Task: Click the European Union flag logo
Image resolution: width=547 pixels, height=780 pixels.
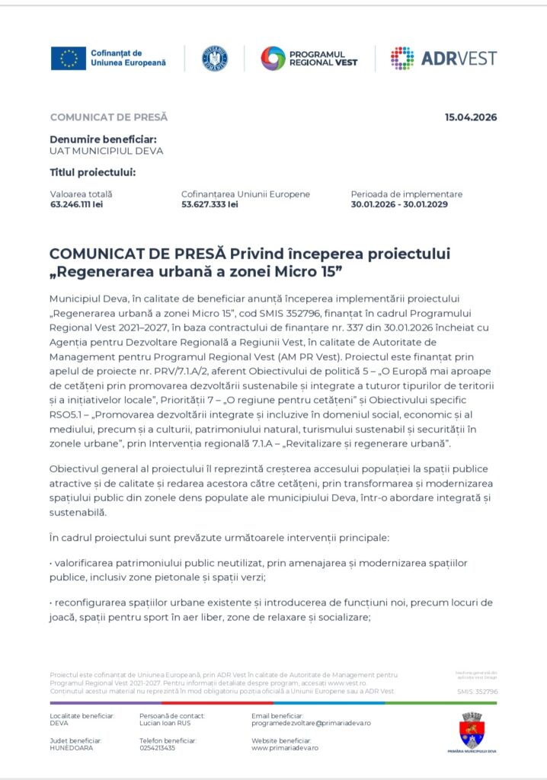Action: (69, 58)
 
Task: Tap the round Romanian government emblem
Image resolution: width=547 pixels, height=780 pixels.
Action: (214, 58)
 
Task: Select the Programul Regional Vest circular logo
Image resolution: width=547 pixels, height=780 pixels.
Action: (273, 58)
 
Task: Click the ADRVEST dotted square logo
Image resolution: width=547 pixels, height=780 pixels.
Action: (402, 58)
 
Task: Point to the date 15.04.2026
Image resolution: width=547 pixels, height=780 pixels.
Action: (471, 117)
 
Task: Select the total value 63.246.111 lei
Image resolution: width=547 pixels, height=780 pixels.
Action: (76, 205)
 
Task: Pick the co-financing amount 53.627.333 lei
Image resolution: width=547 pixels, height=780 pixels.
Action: (210, 205)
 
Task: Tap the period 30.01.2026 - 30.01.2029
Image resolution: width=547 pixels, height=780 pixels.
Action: (399, 205)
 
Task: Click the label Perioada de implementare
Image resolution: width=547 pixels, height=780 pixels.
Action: (406, 194)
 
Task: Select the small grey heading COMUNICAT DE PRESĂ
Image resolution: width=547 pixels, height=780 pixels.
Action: (108, 117)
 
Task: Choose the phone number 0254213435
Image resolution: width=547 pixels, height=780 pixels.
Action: (157, 748)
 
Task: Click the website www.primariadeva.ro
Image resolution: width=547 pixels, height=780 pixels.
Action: (285, 748)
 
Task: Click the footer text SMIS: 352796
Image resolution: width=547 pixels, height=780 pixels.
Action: (477, 692)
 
